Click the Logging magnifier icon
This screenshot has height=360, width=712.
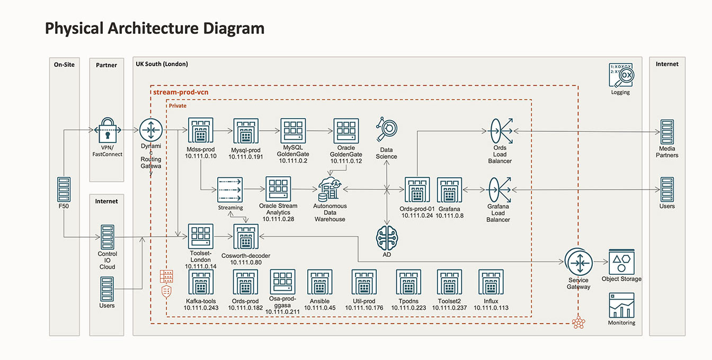621,76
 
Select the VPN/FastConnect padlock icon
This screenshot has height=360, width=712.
108,130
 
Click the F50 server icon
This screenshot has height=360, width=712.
64,188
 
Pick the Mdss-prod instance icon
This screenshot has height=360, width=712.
200,130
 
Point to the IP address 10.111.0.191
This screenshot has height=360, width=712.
245,157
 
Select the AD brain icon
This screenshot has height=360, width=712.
387,237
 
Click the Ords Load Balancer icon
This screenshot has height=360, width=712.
500,130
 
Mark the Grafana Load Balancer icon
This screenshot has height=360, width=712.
499,189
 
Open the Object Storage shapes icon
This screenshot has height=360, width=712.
621,262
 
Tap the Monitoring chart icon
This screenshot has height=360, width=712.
621,305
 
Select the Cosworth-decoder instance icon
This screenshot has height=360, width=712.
246,237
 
